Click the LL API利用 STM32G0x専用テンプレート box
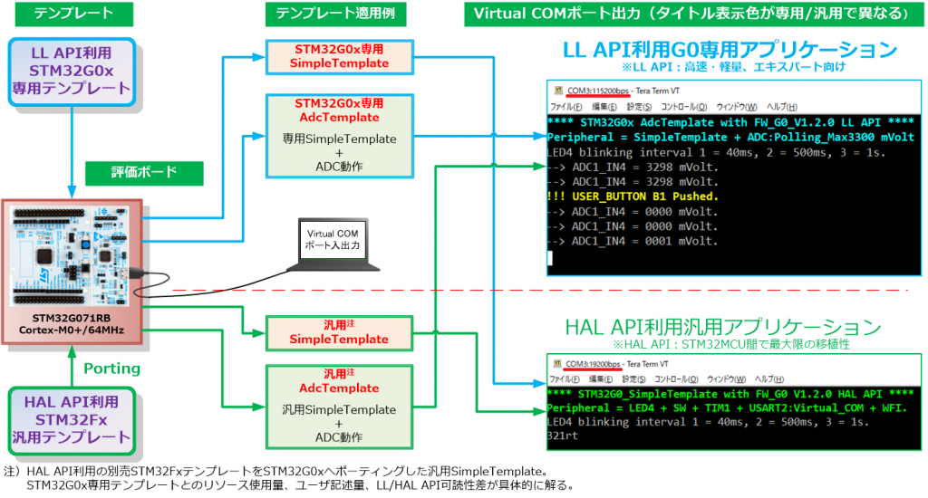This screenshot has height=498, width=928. pos(72,67)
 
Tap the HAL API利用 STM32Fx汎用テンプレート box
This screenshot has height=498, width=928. pos(72,419)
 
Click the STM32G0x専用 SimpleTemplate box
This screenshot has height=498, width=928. pos(339,56)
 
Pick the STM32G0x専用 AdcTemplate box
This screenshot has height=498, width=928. pos(339,135)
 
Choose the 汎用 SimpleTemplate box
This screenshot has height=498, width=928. pos(339,331)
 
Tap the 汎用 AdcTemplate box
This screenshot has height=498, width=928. pos(339,406)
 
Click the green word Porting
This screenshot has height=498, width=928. pos(112,369)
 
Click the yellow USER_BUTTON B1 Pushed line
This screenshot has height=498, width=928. pos(633,196)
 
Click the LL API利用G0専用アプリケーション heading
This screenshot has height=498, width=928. pos(730,50)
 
